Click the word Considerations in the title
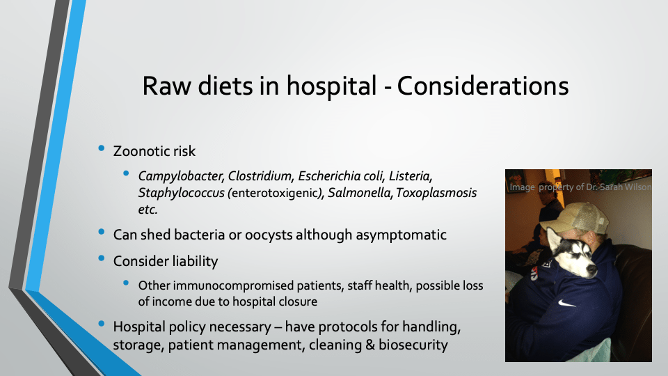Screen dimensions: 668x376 (483, 86)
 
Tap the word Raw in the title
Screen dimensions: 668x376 (167, 86)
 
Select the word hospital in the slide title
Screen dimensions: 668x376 (331, 86)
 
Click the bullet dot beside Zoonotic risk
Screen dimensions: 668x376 (102, 148)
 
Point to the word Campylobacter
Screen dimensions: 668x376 (180, 176)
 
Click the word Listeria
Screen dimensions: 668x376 (411, 176)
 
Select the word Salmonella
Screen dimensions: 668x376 (360, 193)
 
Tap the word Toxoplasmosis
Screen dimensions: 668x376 (436, 193)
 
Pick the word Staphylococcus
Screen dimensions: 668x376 (181, 193)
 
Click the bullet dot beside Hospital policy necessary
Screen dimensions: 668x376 (102, 324)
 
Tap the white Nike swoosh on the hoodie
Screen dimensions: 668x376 (566, 304)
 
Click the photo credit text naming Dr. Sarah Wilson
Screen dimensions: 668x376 (580, 187)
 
